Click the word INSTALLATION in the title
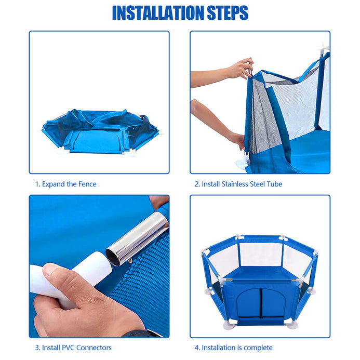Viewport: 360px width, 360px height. (158, 12)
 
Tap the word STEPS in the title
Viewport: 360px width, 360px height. (228, 12)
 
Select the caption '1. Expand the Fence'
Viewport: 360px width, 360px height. (65, 184)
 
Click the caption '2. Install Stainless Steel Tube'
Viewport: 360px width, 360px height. (238, 184)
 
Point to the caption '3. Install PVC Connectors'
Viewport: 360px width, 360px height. (73, 348)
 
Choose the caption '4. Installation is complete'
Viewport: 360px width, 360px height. (233, 348)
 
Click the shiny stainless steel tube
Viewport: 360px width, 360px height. (137, 239)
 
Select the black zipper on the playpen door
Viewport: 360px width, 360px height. (261, 303)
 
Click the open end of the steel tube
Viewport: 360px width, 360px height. (113, 257)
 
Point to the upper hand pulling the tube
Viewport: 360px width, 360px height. (241, 68)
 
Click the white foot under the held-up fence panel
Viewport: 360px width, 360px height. (243, 162)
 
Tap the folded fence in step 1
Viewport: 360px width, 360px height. (101, 131)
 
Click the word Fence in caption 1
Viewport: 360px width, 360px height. (87, 184)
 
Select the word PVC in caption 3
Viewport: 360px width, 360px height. (68, 348)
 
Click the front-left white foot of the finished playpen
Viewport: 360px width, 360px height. (230, 325)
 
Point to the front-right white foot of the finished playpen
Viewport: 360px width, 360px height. (291, 325)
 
